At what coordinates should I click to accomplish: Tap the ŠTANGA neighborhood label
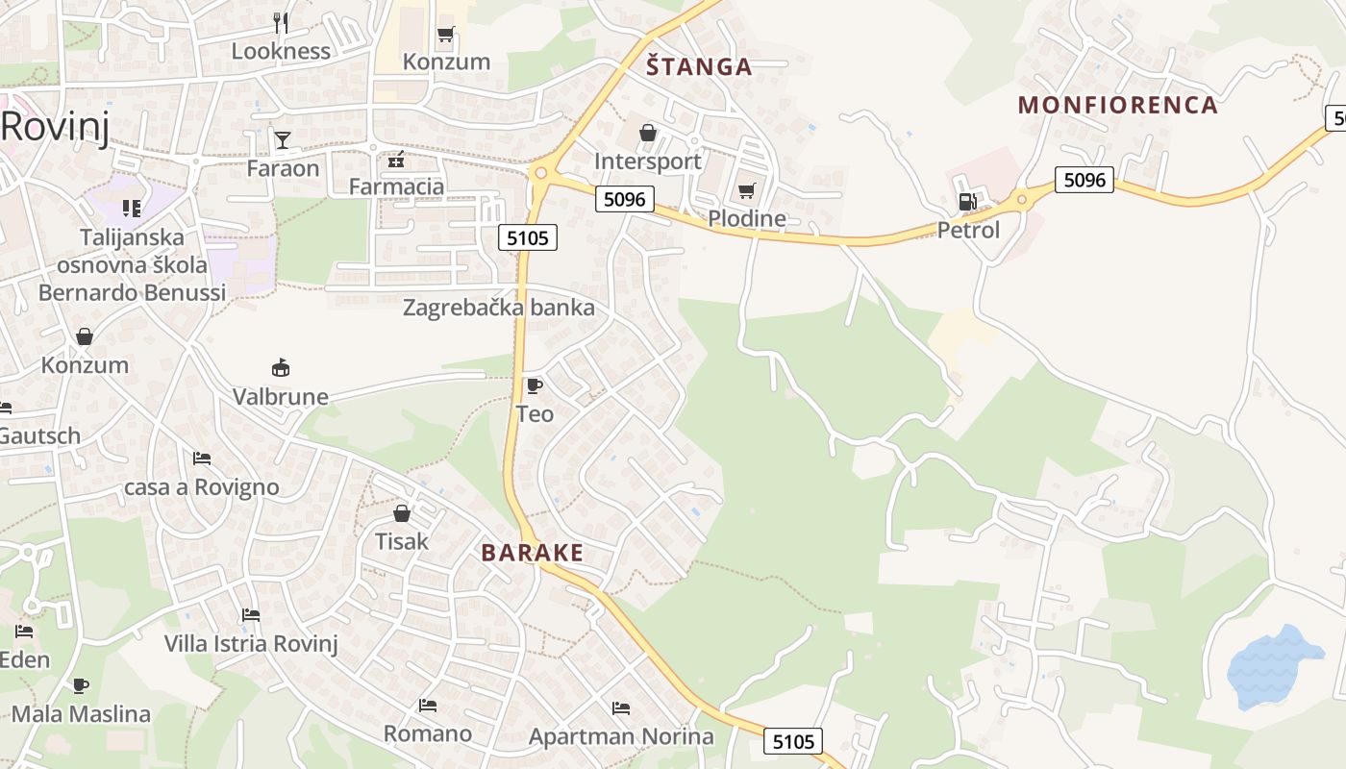coord(699,66)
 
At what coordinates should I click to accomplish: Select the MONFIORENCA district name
coord(1118,105)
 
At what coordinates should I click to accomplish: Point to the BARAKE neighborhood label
coord(533,553)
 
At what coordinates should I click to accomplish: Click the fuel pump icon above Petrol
coord(967,202)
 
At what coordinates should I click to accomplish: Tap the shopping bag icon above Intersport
coord(648,133)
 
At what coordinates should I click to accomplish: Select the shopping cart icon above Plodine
coord(746,190)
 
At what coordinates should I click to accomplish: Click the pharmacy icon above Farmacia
coord(396,159)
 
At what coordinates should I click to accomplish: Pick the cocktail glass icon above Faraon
coord(282,140)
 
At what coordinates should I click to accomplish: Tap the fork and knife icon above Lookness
coord(281,22)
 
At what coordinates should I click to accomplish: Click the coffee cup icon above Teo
coord(534,386)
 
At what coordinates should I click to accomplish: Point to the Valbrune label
coord(281,397)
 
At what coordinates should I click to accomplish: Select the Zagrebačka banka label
coord(498,308)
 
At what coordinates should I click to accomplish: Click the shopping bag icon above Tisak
coord(401,513)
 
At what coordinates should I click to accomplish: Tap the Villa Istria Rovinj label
coord(251,643)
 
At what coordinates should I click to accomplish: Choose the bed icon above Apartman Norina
coord(620,708)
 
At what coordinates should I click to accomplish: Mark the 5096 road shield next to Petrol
coord(1084,180)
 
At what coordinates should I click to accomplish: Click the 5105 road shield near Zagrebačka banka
coord(528,237)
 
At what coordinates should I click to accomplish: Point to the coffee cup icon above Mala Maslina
coord(81,685)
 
